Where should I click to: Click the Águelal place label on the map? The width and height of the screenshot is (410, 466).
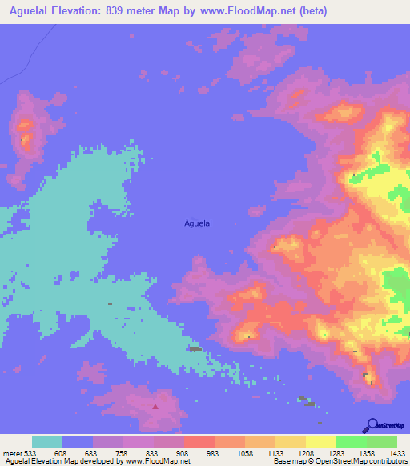pyautogui.click(x=198, y=226)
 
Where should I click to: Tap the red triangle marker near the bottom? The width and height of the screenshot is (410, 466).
pyautogui.click(x=155, y=406)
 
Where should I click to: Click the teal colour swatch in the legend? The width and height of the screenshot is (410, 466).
pyautogui.click(x=47, y=441)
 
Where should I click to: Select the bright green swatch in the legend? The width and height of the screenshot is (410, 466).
pyautogui.click(x=351, y=441)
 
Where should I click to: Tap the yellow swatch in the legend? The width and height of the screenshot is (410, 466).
pyautogui.click(x=320, y=441)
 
